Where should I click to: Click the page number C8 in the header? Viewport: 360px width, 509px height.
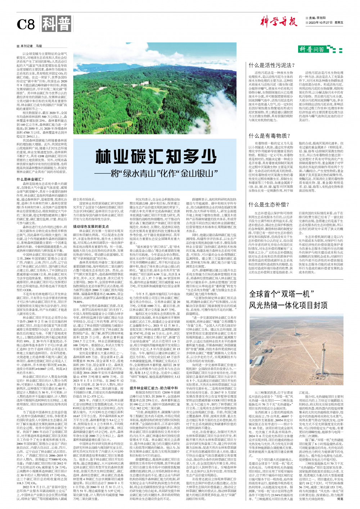(x=26, y=24)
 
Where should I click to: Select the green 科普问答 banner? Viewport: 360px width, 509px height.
(x=313, y=49)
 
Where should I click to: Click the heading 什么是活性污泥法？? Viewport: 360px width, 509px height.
(x=272, y=65)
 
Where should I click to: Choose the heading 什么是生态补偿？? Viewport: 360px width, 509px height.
(x=269, y=204)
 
